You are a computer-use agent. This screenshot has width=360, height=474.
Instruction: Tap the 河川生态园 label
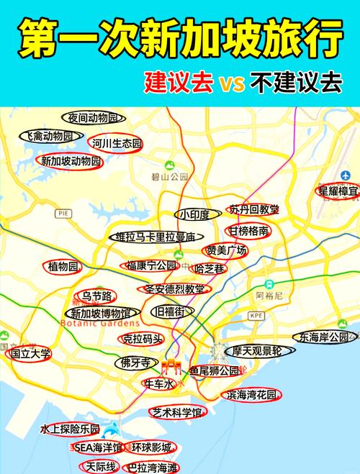click(x=117, y=144)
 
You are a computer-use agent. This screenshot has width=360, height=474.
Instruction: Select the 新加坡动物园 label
click(x=71, y=161)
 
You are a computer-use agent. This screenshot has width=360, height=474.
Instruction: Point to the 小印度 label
click(x=195, y=215)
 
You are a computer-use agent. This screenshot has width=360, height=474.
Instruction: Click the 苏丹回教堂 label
click(x=254, y=210)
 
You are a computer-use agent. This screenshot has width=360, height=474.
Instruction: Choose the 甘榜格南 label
click(x=249, y=231)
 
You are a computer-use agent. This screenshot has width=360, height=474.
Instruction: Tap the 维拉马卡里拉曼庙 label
click(x=156, y=237)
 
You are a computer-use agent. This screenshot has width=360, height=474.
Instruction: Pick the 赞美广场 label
click(x=227, y=251)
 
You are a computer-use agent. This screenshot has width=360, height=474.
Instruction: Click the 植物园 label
click(x=63, y=267)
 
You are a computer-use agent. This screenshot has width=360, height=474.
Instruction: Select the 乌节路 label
click(x=96, y=296)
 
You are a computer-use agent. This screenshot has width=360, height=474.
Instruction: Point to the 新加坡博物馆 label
click(x=101, y=314)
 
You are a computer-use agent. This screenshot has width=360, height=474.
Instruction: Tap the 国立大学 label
click(x=30, y=354)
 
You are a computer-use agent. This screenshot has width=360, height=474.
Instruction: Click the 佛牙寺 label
click(x=135, y=362)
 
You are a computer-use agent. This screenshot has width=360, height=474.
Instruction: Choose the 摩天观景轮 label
click(x=257, y=351)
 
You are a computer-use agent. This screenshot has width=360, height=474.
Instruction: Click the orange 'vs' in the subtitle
click(x=232, y=81)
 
